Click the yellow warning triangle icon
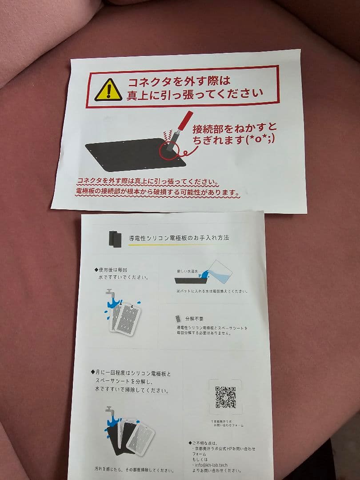click(x=108, y=90)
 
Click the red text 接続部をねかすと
click(x=234, y=129)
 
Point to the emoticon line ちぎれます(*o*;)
click(x=234, y=140)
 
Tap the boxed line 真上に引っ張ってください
click(x=195, y=95)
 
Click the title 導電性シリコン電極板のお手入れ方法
click(x=179, y=238)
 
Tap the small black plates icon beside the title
click(x=115, y=238)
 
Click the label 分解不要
click(x=195, y=319)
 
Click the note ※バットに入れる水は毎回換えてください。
click(x=212, y=292)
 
